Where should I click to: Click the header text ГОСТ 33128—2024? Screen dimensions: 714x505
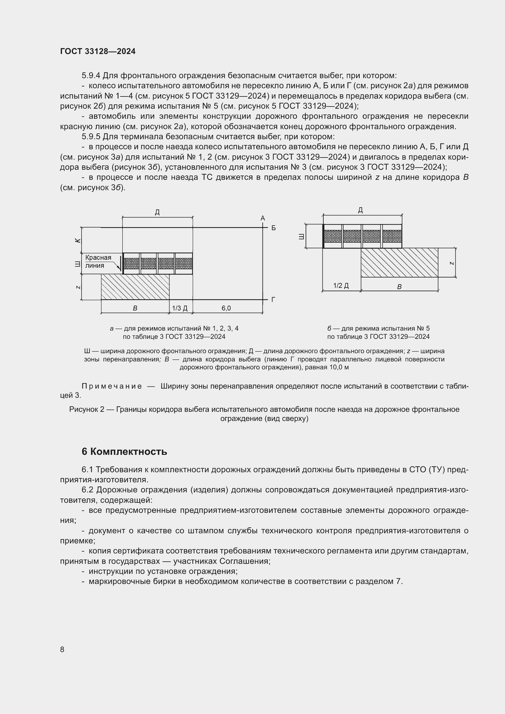click(x=98, y=51)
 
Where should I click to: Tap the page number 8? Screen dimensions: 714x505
click(x=62, y=649)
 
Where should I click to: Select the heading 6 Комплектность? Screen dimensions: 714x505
click(x=124, y=451)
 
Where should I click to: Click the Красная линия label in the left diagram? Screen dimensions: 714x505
click(x=98, y=262)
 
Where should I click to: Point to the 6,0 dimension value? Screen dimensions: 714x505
click(x=226, y=308)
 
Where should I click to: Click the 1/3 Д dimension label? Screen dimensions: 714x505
click(x=180, y=308)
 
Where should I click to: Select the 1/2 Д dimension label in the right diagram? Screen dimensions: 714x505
click(x=341, y=285)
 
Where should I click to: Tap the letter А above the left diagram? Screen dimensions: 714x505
click(x=263, y=218)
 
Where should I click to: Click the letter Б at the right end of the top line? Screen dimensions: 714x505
click(x=274, y=228)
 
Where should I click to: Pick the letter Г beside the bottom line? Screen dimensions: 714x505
click(x=273, y=299)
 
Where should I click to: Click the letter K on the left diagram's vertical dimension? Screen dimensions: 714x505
click(x=78, y=240)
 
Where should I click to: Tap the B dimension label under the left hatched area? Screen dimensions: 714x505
click(x=135, y=308)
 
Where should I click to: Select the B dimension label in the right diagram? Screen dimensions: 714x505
click(x=399, y=287)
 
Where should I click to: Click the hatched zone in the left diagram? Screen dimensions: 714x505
click(x=135, y=287)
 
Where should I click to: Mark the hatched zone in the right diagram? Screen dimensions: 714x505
click(x=399, y=263)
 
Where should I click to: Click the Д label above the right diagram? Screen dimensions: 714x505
click(x=360, y=210)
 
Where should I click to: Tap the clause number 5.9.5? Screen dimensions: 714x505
click(x=91, y=136)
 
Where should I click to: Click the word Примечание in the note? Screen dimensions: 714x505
click(x=112, y=386)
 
